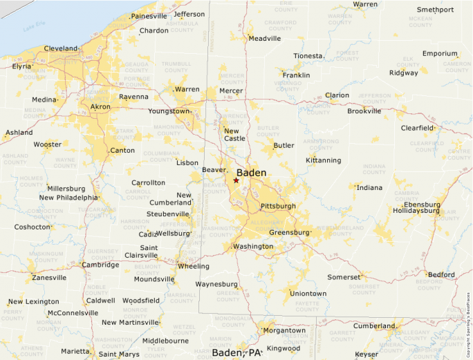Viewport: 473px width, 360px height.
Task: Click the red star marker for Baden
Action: point(236,180)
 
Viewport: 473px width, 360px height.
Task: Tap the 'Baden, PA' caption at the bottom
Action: point(236,353)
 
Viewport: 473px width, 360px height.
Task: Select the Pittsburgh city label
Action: point(278,207)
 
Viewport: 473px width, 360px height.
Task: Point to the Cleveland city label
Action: point(61,48)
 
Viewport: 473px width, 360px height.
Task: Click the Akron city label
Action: point(100,107)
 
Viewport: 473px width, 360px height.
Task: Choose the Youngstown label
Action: point(169,111)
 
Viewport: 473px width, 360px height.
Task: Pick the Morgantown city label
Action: point(284,330)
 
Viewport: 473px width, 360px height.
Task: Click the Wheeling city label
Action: point(193,266)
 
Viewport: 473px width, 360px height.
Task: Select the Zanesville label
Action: point(49,278)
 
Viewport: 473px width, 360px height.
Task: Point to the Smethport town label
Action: point(435,10)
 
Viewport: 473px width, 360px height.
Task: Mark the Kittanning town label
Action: point(324,160)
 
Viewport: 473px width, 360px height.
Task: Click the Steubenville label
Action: point(168,214)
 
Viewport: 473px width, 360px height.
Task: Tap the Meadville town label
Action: point(264,39)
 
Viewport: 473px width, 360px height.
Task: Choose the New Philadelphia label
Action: point(68,198)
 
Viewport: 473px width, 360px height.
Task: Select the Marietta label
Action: point(75,351)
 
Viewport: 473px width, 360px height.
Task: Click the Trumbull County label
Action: point(176,67)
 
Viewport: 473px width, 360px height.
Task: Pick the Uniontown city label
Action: point(308,294)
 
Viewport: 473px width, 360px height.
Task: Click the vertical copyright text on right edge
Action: point(468,325)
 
